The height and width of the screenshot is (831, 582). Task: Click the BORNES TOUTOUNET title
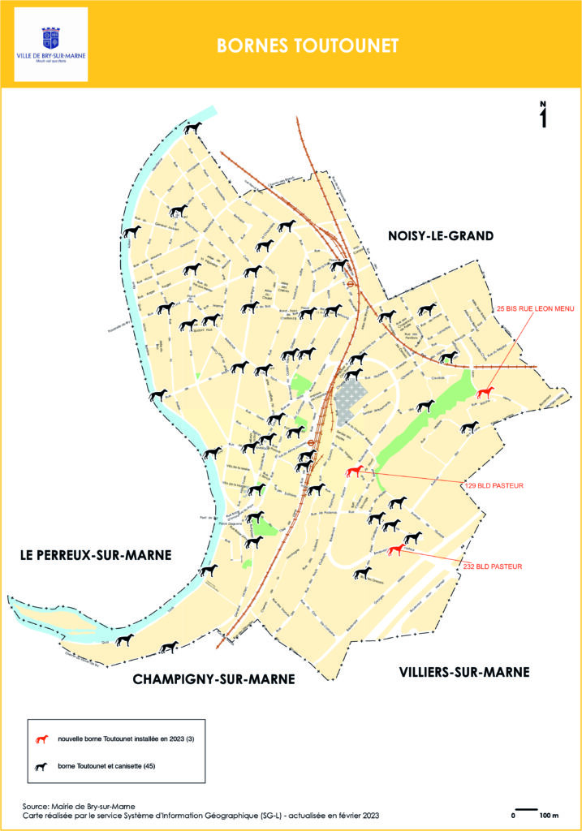tap(308, 46)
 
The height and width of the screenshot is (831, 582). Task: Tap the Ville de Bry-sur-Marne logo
tap(51, 45)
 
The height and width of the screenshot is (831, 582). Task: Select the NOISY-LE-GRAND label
tap(441, 236)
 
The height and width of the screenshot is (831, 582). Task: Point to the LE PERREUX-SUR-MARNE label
tap(97, 556)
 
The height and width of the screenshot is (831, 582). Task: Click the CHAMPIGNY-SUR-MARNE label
tap(213, 679)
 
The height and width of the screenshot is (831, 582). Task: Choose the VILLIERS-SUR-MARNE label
tap(464, 672)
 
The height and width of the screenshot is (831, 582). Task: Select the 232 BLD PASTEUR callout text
tap(494, 566)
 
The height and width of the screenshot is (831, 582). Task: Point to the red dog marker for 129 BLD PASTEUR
tap(353, 472)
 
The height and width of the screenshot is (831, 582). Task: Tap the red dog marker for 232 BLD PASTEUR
tap(395, 550)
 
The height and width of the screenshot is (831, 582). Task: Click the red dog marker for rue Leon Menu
tap(485, 393)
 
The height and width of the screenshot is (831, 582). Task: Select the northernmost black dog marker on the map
tap(192, 128)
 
